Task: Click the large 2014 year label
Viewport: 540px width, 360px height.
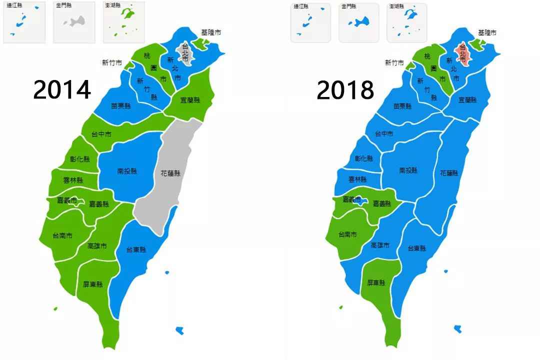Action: pyautogui.click(x=62, y=90)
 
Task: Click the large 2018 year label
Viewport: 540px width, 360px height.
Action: pyautogui.click(x=345, y=90)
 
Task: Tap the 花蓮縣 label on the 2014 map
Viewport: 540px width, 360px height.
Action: pyautogui.click(x=170, y=173)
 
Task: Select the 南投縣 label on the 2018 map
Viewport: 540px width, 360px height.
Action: pyautogui.click(x=408, y=170)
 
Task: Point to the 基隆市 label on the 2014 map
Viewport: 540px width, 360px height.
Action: pyautogui.click(x=211, y=32)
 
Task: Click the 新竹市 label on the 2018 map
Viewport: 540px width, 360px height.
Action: pyautogui.click(x=394, y=62)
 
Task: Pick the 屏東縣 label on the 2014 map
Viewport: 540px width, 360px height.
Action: pyautogui.click(x=93, y=284)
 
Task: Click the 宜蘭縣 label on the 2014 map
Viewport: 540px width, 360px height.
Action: pyautogui.click(x=189, y=99)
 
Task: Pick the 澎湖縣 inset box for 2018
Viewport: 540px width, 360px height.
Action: pyautogui.click(x=407, y=23)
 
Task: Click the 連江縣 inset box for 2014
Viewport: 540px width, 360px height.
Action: pyautogui.click(x=24, y=22)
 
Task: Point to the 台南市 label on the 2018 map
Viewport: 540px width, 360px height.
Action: pyautogui.click(x=347, y=234)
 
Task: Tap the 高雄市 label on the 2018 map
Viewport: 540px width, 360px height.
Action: pyautogui.click(x=380, y=245)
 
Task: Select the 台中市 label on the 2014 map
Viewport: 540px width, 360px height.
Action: pyautogui.click(x=101, y=134)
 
